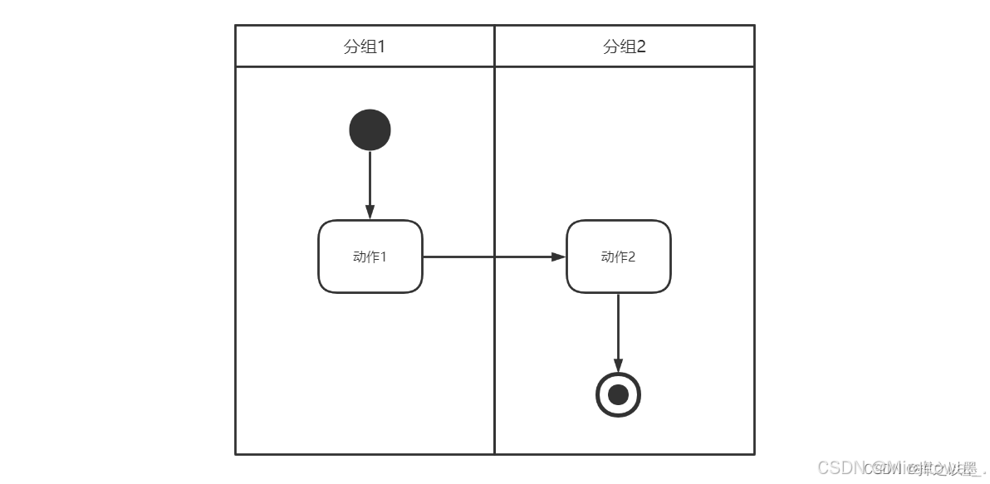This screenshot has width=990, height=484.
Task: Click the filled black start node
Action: [x=370, y=130]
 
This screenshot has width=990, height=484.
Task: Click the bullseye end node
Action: [x=618, y=394]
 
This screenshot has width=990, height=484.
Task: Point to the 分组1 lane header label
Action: [x=365, y=46]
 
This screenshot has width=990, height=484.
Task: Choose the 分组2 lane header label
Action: [x=624, y=46]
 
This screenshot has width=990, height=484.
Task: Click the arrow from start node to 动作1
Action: [x=370, y=178]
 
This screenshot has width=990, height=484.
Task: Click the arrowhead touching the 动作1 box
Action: [x=370, y=212]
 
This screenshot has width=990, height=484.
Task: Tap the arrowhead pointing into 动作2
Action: [x=558, y=257]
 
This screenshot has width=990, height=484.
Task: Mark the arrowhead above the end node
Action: [x=618, y=365]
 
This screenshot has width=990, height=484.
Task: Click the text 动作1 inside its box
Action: [x=370, y=257]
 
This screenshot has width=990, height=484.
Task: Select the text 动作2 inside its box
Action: [x=618, y=257]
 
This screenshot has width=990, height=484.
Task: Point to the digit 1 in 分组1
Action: [x=381, y=46]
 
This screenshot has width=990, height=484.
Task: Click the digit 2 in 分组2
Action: [x=640, y=46]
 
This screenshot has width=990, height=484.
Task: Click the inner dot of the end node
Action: [x=618, y=394]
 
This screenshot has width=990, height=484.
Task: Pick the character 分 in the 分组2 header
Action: [x=610, y=46]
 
